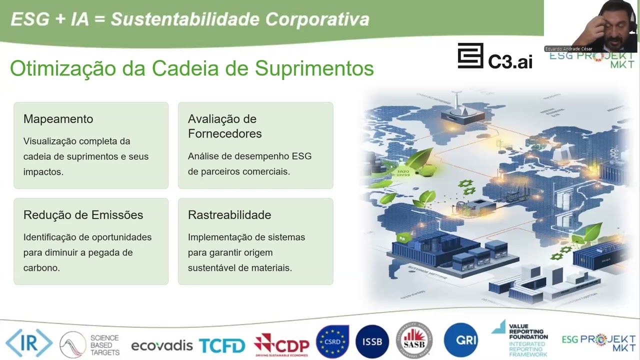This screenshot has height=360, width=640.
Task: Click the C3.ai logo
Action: click(495, 56)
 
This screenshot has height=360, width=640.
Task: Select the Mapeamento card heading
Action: click(58, 119)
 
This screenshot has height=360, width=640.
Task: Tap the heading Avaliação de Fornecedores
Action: click(224, 126)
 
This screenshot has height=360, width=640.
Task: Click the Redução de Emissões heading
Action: click(83, 215)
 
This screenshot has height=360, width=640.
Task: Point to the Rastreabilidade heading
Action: click(229, 215)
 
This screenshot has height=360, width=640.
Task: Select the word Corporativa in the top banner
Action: click(317, 19)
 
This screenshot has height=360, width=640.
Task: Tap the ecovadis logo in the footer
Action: click(161, 345)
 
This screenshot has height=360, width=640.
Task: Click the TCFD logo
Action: click(222, 345)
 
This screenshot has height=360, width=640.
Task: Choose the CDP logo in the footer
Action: click(281, 344)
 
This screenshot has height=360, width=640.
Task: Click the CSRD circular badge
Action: click(332, 342)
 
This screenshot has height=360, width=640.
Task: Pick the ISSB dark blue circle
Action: click(372, 342)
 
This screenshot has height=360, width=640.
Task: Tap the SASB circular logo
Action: click(414, 340)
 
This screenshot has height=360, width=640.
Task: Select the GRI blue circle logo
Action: click(460, 340)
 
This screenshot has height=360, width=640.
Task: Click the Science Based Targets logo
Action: click(89, 345)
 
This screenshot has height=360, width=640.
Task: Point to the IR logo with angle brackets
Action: click(29, 343)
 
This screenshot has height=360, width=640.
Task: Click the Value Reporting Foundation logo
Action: click(520, 339)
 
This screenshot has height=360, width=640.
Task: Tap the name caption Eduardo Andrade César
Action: click(569, 49)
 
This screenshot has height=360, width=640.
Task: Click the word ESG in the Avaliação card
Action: click(302, 156)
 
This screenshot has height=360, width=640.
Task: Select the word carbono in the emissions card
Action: click(41, 268)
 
